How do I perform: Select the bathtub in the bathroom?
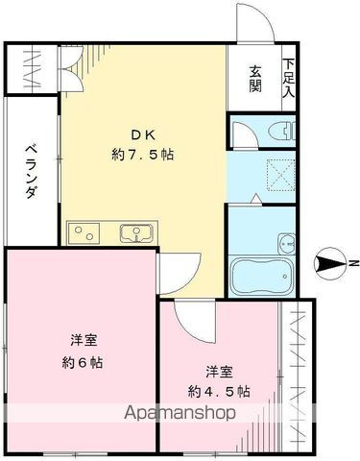coord(260,277)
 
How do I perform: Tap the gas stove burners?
coord(84,231)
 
